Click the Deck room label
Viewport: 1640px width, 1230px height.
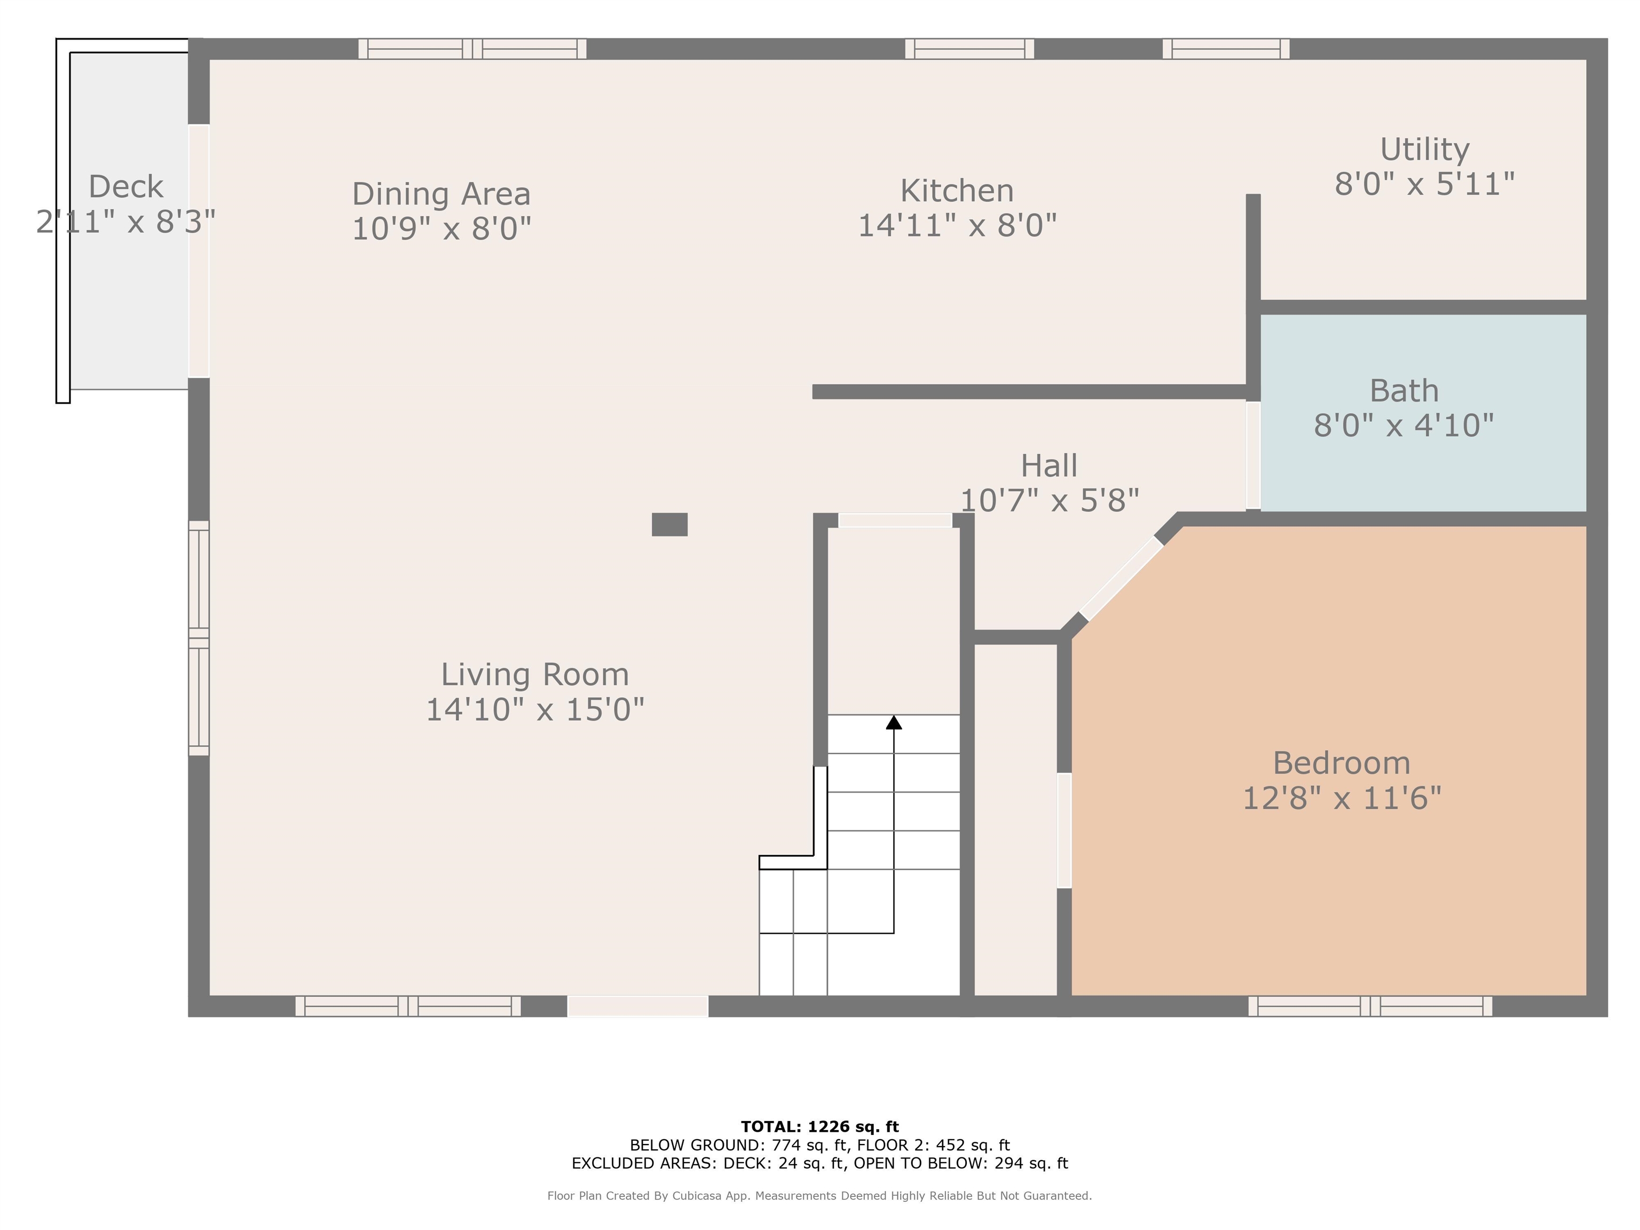[125, 186]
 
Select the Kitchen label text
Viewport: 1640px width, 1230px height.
[957, 191]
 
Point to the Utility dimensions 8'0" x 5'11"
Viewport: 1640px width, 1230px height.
[1424, 184]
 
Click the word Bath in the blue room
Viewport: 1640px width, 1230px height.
[1404, 391]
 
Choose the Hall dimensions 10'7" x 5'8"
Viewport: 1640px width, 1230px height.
[1049, 500]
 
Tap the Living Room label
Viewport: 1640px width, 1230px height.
[534, 675]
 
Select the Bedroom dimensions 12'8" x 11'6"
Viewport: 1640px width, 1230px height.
[1341, 799]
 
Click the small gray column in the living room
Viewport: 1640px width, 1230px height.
[669, 524]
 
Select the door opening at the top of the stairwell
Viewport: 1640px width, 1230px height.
[895, 521]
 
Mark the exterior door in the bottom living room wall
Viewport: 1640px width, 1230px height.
[637, 1006]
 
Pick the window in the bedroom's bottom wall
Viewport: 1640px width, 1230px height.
[1369, 1006]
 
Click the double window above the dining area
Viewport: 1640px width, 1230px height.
[472, 49]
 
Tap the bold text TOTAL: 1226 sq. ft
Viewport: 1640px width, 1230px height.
[819, 1126]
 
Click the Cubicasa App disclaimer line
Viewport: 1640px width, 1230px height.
[819, 1195]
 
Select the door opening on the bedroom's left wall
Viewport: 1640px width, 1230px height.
[1064, 830]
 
